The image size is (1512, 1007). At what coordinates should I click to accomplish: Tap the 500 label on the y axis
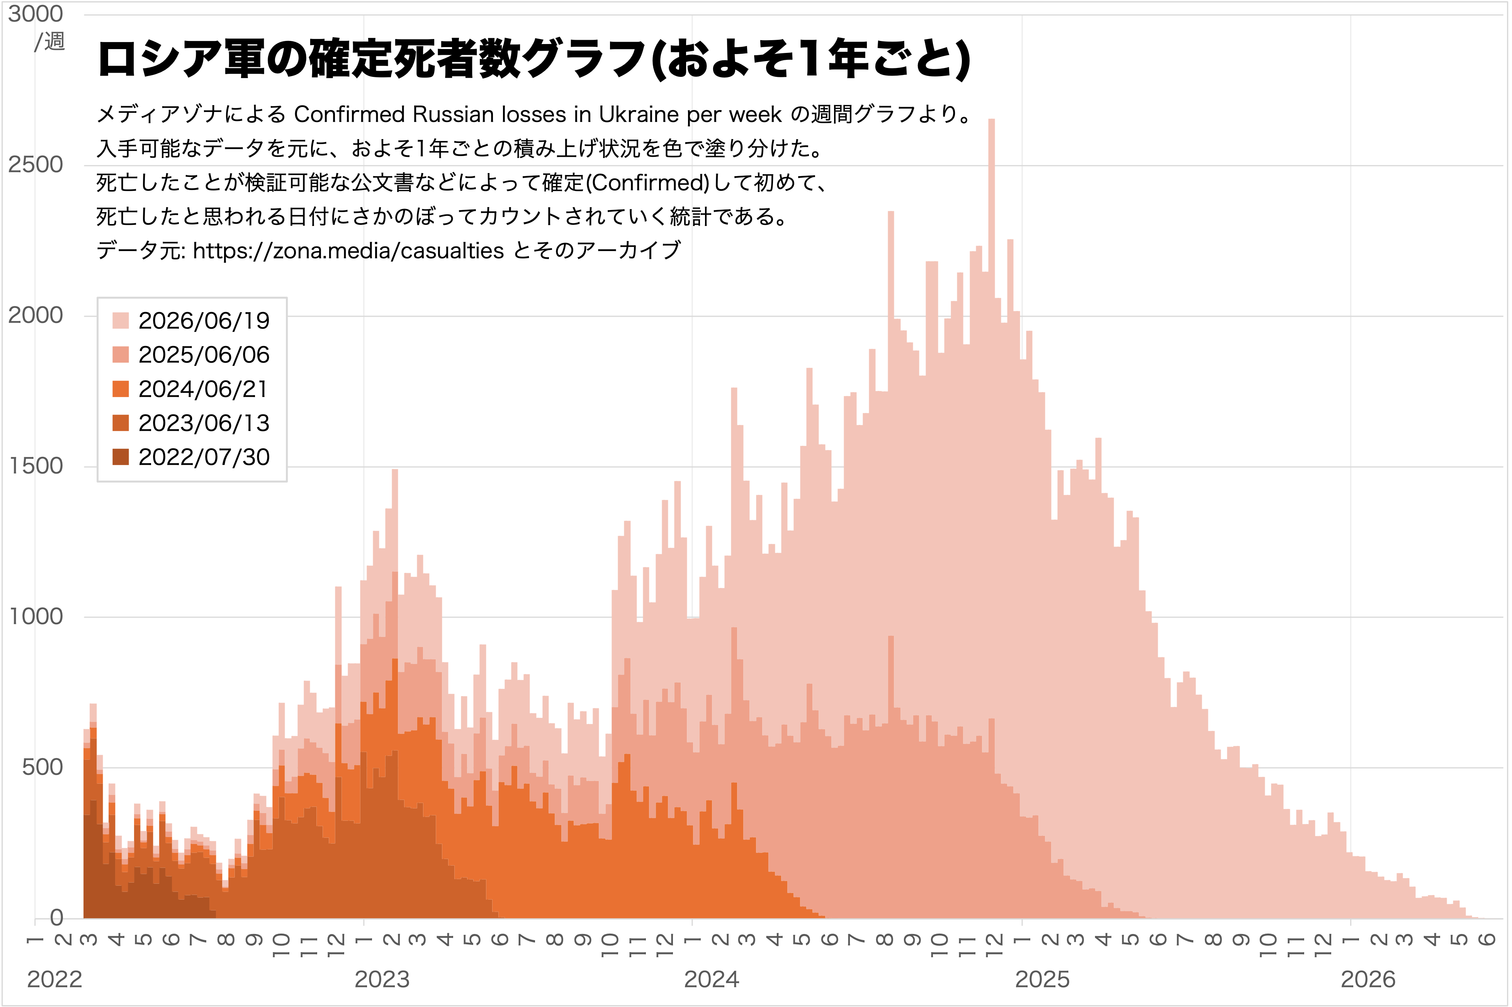(42, 767)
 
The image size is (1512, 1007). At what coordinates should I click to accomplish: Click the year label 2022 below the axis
(54, 980)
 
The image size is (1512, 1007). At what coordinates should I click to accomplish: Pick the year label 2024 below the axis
(712, 980)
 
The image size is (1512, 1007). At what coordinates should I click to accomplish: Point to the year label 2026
(1368, 980)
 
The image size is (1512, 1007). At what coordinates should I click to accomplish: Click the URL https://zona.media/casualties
(348, 250)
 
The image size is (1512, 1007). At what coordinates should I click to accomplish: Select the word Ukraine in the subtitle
(639, 114)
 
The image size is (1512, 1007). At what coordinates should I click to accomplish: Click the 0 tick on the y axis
(56, 918)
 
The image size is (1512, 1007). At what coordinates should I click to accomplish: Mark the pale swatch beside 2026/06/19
(121, 321)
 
